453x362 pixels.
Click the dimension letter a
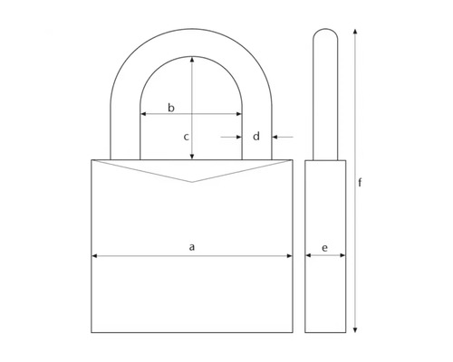pyautogui.click(x=191, y=246)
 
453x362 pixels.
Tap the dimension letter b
pyautogui.click(x=171, y=107)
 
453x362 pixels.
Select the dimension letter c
pyautogui.click(x=186, y=137)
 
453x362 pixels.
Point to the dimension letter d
pyautogui.click(x=256, y=137)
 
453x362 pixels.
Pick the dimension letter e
pyautogui.click(x=325, y=246)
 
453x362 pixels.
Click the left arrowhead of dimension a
pyautogui.click(x=94, y=256)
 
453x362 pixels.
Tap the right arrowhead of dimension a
pyautogui.click(x=290, y=256)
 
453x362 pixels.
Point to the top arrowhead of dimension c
pyautogui.click(x=192, y=58)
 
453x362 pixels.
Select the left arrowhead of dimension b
pyautogui.click(x=142, y=115)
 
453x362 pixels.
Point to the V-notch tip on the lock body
pyautogui.click(x=192, y=182)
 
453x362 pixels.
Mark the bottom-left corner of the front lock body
pyautogui.click(x=92, y=332)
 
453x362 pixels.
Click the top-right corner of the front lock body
pyautogui.click(x=294, y=160)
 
